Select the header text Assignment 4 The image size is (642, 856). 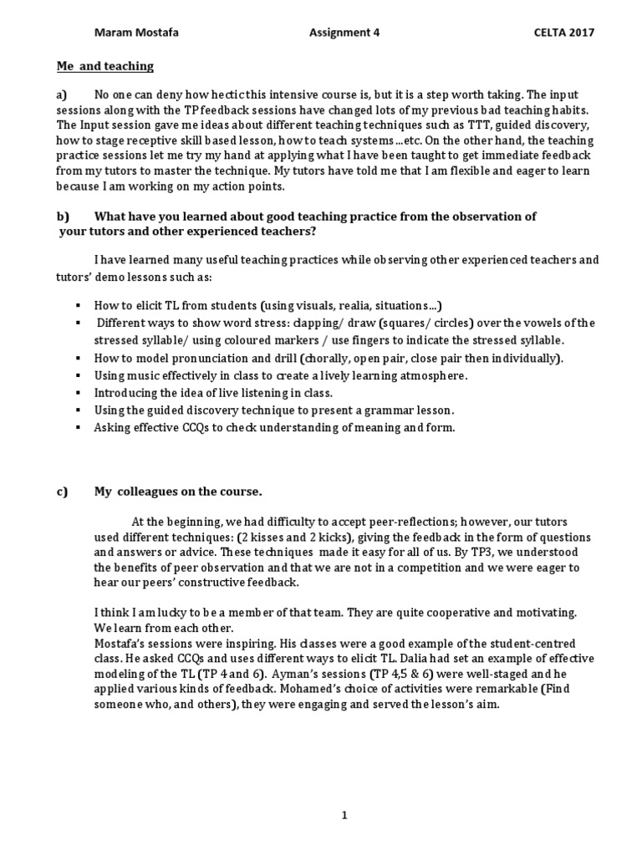click(x=339, y=33)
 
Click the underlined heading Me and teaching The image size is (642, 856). click(x=105, y=65)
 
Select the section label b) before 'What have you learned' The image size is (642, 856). click(x=64, y=216)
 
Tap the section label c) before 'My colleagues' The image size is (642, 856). click(x=63, y=491)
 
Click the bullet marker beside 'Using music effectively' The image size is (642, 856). click(x=77, y=376)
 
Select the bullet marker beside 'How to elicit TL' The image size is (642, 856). click(x=77, y=306)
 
